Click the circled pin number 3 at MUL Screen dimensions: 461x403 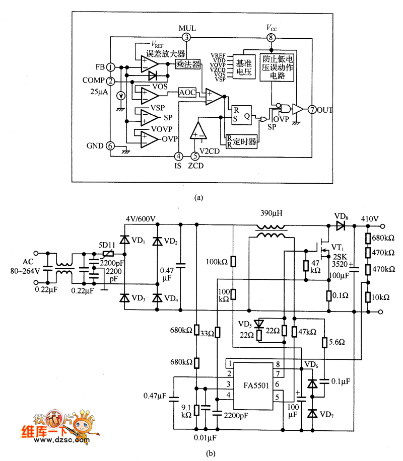[187, 37]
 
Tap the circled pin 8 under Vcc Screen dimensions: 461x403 [272, 37]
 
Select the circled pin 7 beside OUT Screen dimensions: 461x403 [312, 109]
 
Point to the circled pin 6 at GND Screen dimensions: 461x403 [110, 146]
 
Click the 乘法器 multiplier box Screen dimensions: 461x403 [187, 64]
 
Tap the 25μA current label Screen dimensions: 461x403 [99, 92]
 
